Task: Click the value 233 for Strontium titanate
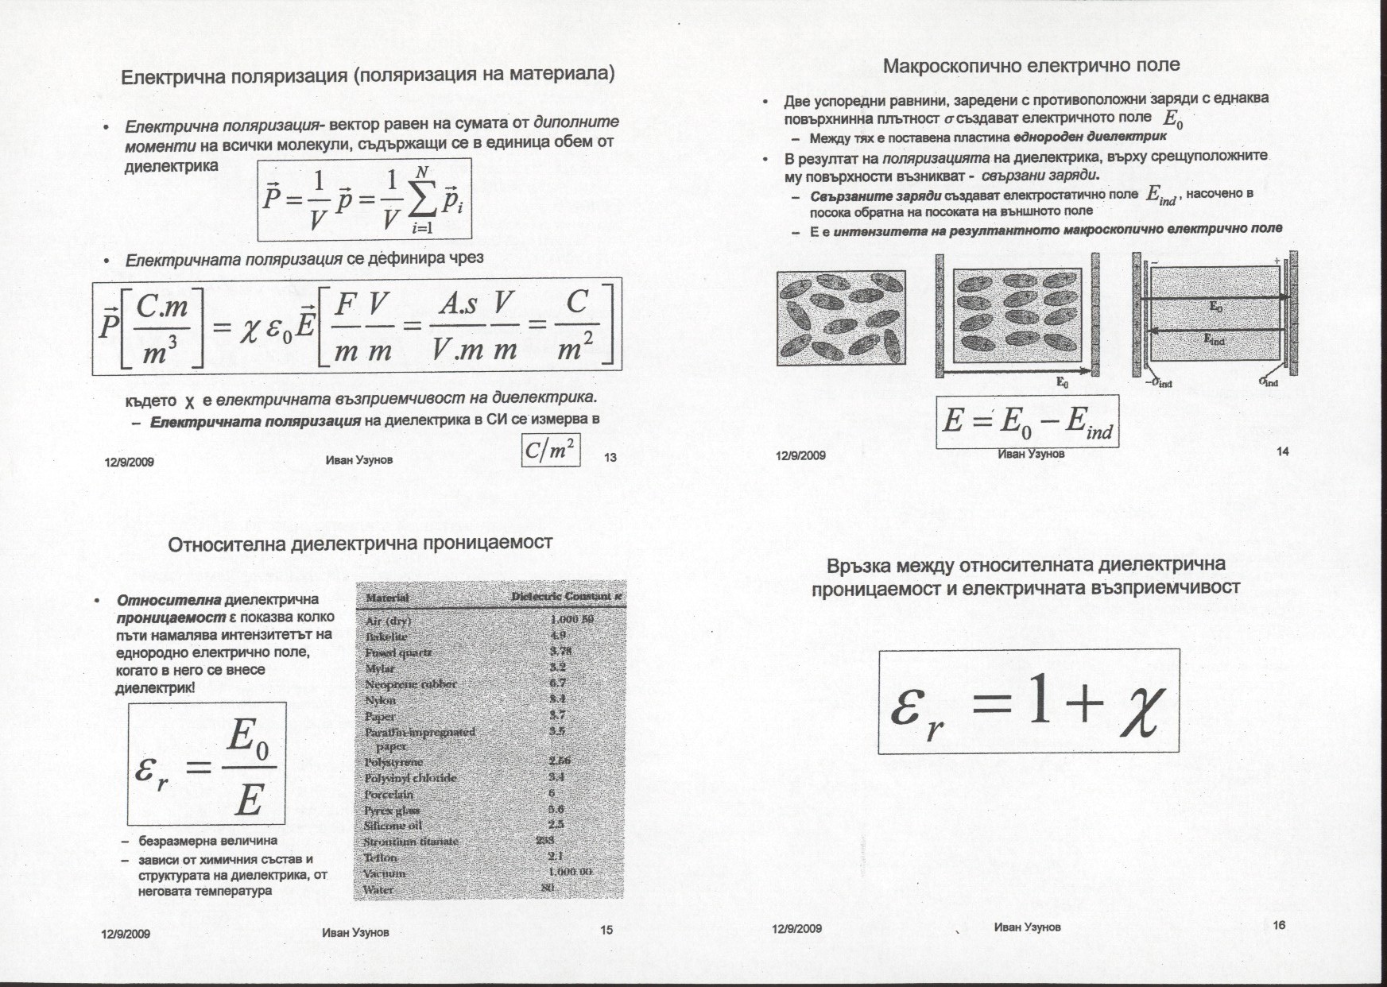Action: pos(544,840)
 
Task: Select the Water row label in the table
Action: pos(378,889)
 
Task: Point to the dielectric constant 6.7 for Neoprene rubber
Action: pos(557,683)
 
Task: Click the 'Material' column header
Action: pos(387,598)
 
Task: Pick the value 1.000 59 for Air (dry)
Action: pos(571,619)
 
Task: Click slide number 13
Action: pos(610,457)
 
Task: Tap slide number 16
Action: pos(1279,924)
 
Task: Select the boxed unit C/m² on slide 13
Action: pos(550,451)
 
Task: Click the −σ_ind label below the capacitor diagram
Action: pos(1159,383)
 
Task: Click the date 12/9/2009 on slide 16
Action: pos(796,928)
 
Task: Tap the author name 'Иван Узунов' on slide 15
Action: pos(355,932)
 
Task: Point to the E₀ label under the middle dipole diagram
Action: pos(1062,383)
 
